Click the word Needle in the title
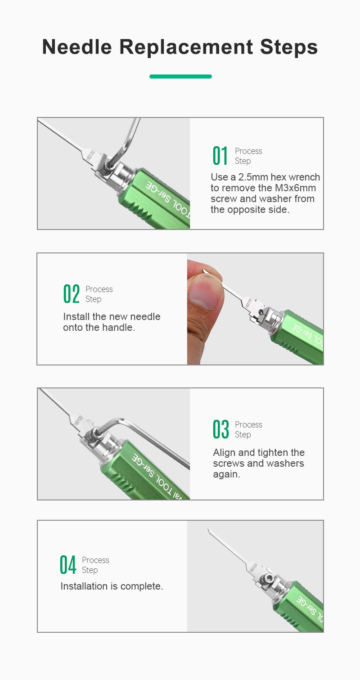pos(77,47)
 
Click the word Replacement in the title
pos(186,47)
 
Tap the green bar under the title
pos(180,77)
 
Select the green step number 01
pos(220,156)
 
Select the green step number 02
pos(72,294)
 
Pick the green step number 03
pos(220,429)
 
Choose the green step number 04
pos(67,565)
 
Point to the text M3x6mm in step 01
pos(295,188)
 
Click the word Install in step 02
pos(76,317)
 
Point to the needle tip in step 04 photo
pos(208,530)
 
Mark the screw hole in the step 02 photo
pos(261,312)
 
